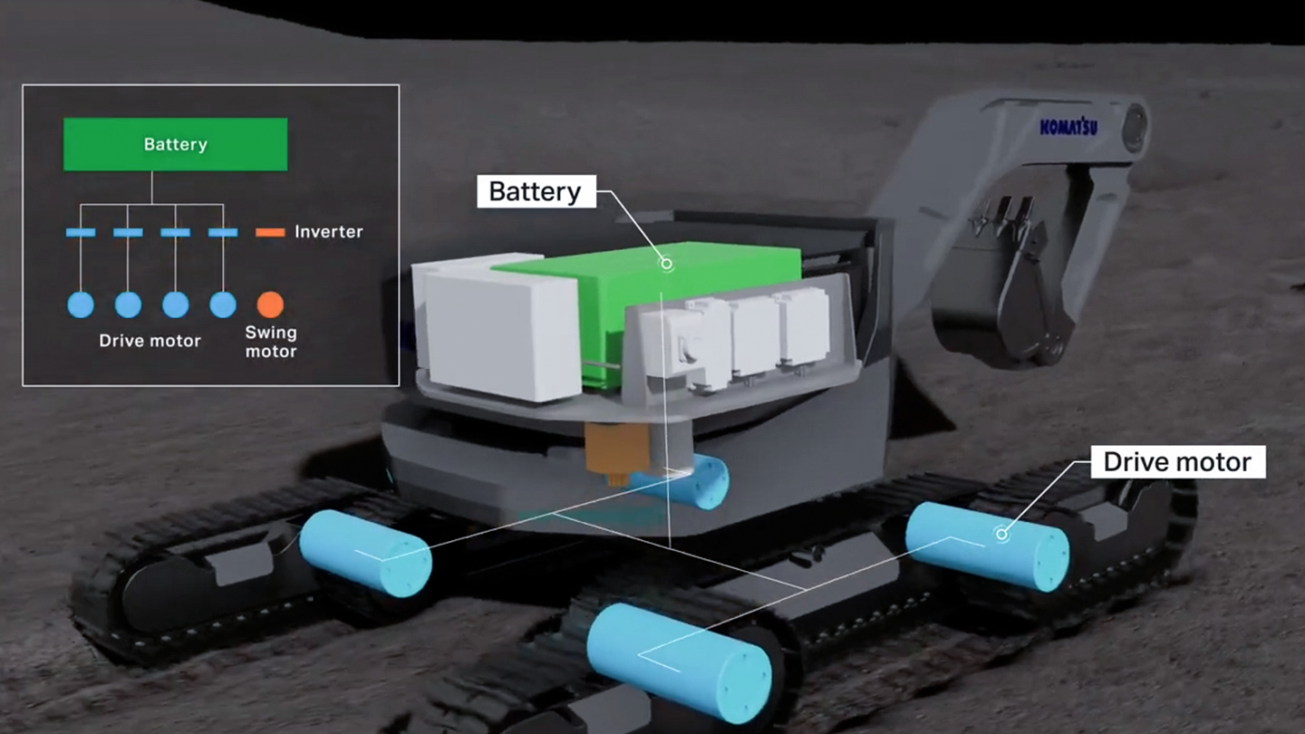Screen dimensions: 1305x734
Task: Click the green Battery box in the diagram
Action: (x=176, y=144)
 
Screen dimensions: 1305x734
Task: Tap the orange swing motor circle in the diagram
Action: (x=270, y=304)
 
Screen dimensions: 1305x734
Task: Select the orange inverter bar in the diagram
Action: (x=270, y=232)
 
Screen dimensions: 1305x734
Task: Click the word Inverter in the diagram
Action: (x=329, y=232)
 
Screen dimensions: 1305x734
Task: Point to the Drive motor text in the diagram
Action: (x=150, y=341)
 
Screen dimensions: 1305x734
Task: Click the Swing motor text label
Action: (x=271, y=342)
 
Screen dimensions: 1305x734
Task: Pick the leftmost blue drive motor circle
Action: (x=81, y=304)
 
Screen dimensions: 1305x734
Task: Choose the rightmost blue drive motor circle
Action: (x=223, y=304)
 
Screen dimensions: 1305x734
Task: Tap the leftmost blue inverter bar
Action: (x=81, y=232)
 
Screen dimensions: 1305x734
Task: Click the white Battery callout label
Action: (x=536, y=192)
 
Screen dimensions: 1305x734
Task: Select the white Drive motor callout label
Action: (x=1178, y=462)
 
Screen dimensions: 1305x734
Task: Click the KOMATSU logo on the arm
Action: (x=1068, y=127)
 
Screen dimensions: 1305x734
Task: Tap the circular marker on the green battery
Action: (x=666, y=265)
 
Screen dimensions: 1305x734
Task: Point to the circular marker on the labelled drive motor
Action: (x=1001, y=534)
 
